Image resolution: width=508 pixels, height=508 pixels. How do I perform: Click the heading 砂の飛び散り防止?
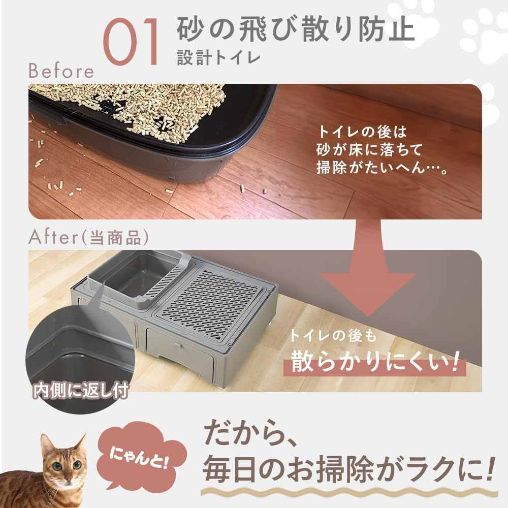pos(296,30)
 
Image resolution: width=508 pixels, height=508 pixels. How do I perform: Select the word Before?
pos(61,71)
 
